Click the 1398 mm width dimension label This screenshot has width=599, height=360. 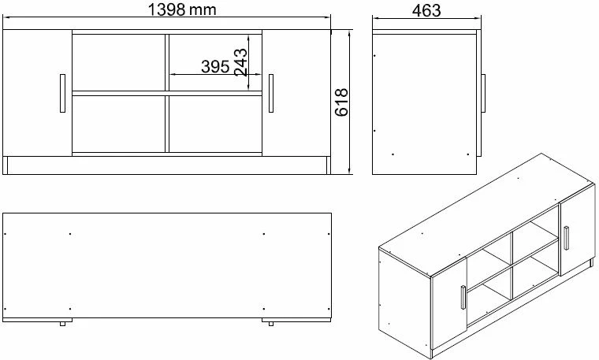point(182,9)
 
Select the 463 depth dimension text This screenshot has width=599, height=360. point(426,10)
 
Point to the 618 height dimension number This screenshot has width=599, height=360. point(341,102)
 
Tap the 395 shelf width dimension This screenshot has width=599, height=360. point(214,67)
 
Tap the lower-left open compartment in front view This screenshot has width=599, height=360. point(118,123)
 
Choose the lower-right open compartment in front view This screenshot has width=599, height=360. point(214,123)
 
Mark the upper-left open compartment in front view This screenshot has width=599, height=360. point(118,62)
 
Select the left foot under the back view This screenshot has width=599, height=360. point(61,323)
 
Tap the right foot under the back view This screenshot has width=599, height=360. point(270,323)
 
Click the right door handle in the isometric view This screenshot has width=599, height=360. point(565,238)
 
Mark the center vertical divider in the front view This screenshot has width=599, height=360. point(166,93)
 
